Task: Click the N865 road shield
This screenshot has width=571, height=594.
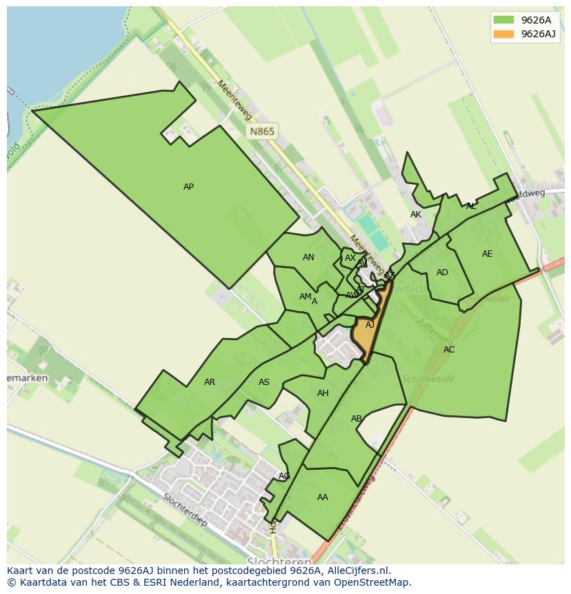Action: coord(262,131)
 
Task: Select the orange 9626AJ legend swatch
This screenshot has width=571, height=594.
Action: coord(503,34)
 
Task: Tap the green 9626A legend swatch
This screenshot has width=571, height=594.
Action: coord(503,20)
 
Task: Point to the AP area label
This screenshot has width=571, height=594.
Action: coord(188,187)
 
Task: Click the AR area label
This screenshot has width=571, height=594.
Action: coord(210,382)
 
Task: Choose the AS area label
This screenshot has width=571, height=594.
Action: coord(264,382)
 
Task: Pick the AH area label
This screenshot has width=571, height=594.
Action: coord(323,393)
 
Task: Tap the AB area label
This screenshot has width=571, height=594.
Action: coord(357,419)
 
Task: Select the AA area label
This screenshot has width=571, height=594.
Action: coord(323,497)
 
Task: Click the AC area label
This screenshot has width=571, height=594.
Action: coord(449,350)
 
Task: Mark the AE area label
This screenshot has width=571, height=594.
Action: coord(488,254)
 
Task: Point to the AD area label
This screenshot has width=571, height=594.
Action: coord(442,273)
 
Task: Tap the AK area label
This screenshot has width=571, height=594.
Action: coord(416,215)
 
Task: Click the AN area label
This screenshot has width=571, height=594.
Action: coord(308,257)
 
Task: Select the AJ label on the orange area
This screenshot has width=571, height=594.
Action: coord(370,325)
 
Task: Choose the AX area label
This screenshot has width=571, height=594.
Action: coord(350,258)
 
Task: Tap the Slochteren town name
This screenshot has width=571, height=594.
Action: coord(272,561)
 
